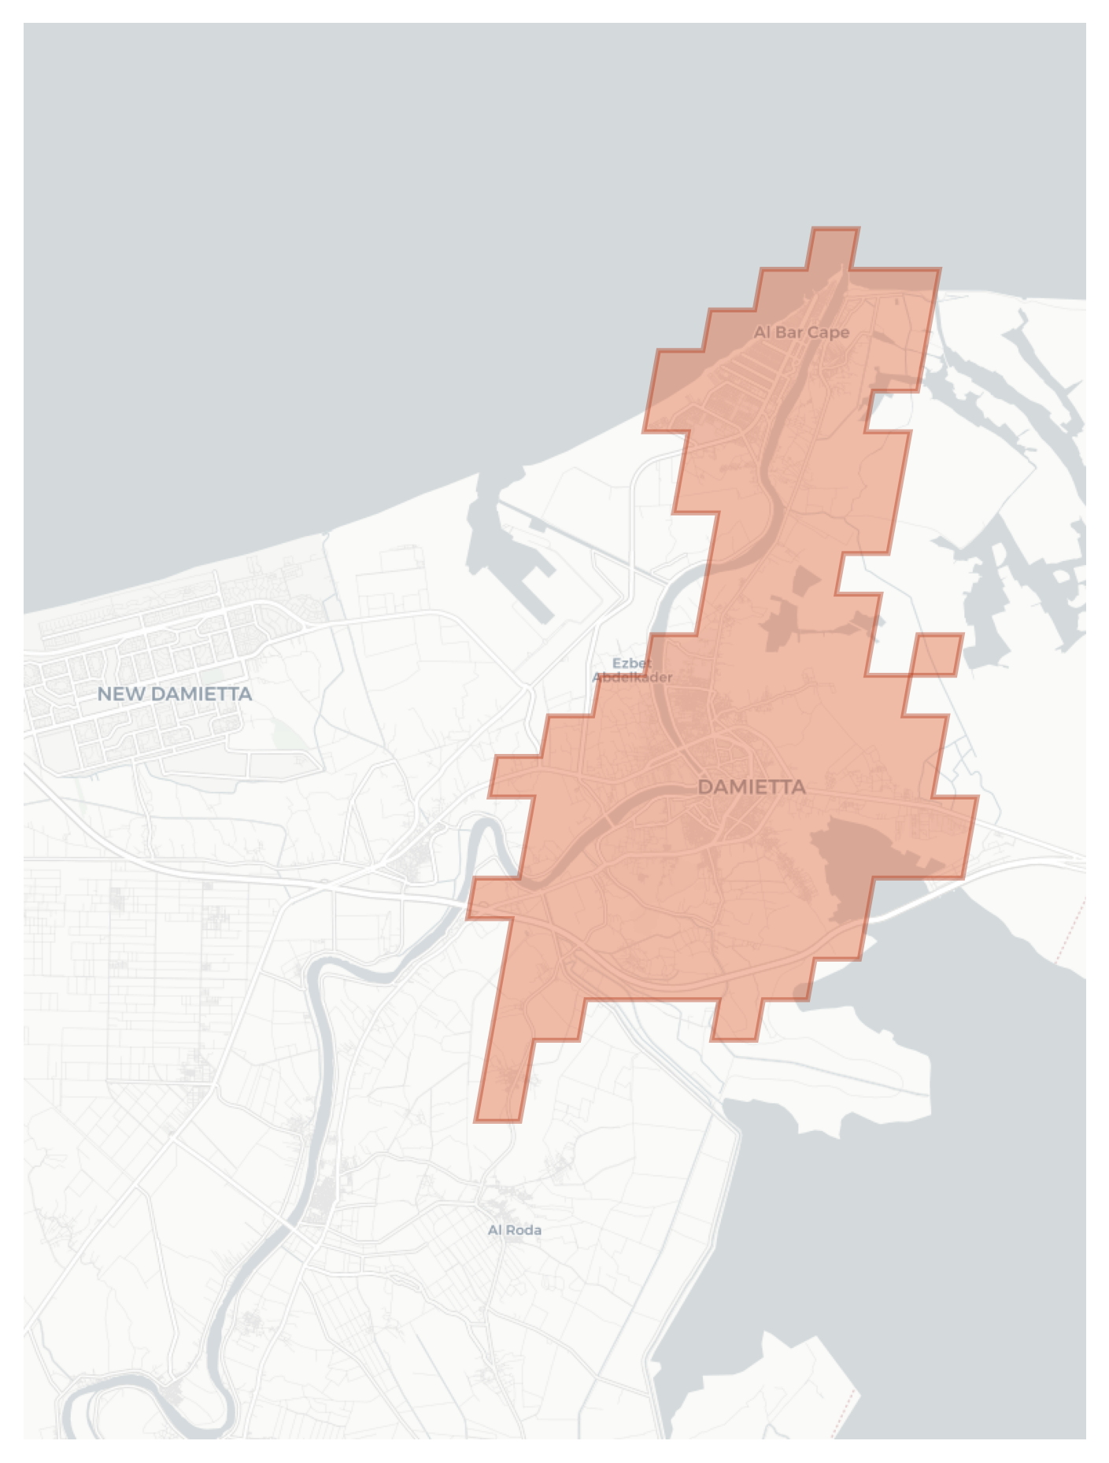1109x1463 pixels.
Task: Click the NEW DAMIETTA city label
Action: coord(174,693)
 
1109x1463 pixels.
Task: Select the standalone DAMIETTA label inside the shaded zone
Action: coord(751,787)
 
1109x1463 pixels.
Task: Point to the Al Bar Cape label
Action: coord(801,332)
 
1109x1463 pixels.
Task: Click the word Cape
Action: coord(827,333)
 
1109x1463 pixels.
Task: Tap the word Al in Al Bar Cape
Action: coord(762,332)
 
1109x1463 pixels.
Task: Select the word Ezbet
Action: coord(631,663)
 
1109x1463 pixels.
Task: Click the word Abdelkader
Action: coord(632,677)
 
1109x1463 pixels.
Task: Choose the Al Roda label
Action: coord(514,1229)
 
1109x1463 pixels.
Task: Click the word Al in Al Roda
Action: coord(495,1229)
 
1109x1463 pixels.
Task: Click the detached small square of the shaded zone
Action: coord(937,655)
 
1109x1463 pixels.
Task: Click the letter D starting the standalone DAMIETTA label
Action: coord(704,787)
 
